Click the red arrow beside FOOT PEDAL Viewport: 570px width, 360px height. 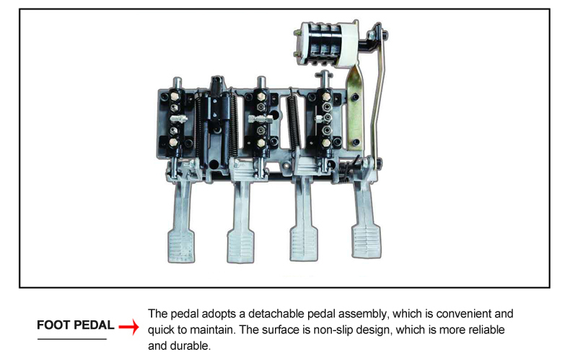pyautogui.click(x=128, y=326)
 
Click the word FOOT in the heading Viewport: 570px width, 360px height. pyautogui.click(x=53, y=325)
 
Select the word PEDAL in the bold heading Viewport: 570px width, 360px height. pyautogui.click(x=92, y=325)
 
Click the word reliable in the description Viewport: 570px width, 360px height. pyautogui.click(x=486, y=330)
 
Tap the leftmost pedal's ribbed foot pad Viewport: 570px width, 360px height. pyautogui.click(x=181, y=245)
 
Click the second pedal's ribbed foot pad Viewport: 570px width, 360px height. pyautogui.click(x=241, y=245)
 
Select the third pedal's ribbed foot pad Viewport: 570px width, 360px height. pyautogui.click(x=304, y=243)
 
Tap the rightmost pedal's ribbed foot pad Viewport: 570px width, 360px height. pyautogui.click(x=367, y=241)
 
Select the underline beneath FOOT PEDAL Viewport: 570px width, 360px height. pyautogui.click(x=72, y=339)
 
